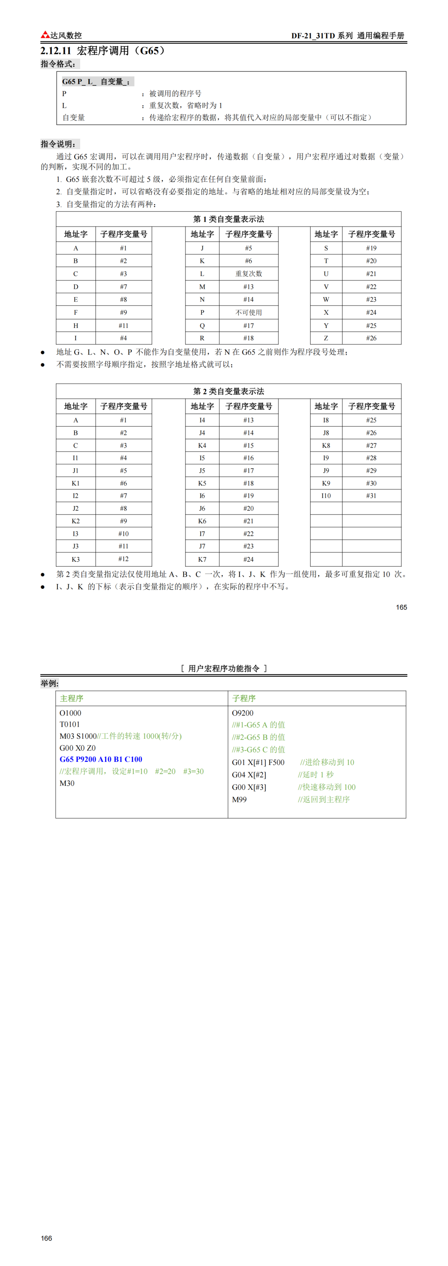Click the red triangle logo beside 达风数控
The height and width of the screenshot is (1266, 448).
click(x=45, y=34)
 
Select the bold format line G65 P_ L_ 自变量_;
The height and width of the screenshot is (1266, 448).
click(x=96, y=82)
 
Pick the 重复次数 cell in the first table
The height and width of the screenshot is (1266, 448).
click(x=248, y=274)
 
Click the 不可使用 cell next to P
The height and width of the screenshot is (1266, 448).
click(x=248, y=313)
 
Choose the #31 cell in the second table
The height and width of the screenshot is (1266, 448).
click(x=371, y=495)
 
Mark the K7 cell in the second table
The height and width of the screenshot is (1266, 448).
click(x=202, y=559)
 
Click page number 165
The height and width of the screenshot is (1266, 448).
click(x=401, y=607)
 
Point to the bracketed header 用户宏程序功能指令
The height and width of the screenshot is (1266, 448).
click(x=224, y=668)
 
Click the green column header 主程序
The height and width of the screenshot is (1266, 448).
click(x=71, y=698)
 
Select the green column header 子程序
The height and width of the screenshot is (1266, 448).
click(x=244, y=698)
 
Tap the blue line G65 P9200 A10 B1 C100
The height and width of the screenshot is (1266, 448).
click(x=101, y=759)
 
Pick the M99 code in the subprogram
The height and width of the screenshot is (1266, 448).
click(x=240, y=800)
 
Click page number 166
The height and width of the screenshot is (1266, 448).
click(x=46, y=1238)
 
